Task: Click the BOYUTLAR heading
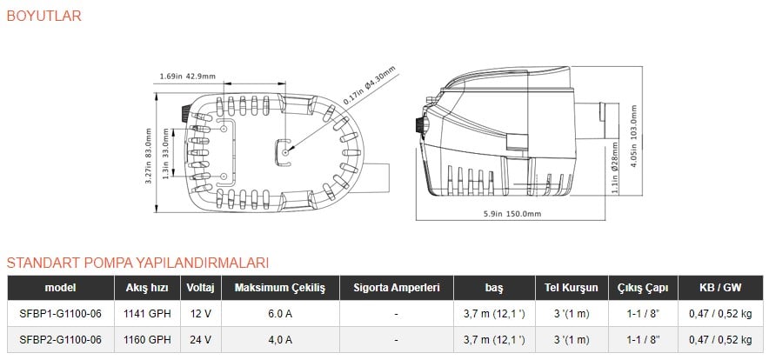tap(43, 16)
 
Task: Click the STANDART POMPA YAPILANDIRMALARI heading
tap(137, 263)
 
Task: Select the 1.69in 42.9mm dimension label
tap(188, 77)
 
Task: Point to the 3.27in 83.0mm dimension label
tap(148, 156)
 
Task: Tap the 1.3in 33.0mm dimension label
tap(165, 153)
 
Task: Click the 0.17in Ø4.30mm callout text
tap(369, 85)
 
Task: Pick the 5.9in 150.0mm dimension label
tap(512, 214)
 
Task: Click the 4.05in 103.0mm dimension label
tap(635, 137)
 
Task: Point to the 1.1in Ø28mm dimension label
tap(616, 168)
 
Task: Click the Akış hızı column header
tap(147, 288)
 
